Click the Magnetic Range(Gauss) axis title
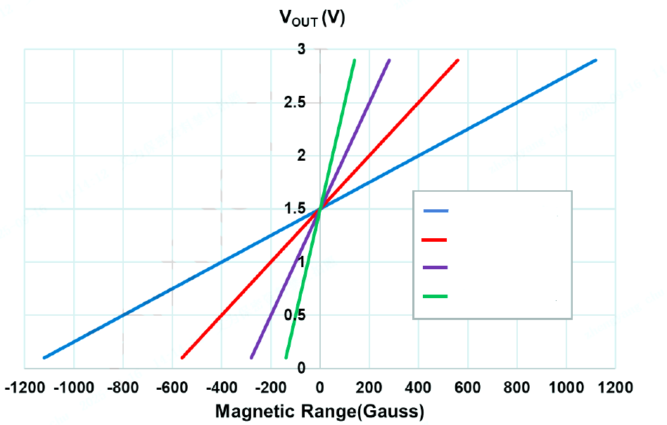319,410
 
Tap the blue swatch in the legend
436,211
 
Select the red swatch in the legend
435,240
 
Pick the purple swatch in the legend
436,268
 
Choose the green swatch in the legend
436,296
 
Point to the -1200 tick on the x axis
25,388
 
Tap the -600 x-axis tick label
172,388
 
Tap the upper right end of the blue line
596,60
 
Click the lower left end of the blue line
44,357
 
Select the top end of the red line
458,60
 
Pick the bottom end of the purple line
251,357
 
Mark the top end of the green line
354,60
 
